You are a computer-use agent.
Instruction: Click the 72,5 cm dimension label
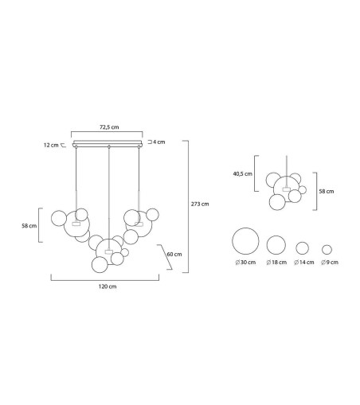point(109,127)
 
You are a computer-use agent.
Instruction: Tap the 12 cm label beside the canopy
point(51,145)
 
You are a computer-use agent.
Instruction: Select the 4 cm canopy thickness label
point(158,142)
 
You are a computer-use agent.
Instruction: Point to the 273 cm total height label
point(200,204)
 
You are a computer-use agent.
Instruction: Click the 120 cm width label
point(108,286)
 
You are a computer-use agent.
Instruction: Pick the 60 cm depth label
point(174,254)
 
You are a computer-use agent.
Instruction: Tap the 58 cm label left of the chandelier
point(29,226)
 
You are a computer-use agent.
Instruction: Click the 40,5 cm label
point(243,174)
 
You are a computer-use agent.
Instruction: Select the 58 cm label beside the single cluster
point(327,191)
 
